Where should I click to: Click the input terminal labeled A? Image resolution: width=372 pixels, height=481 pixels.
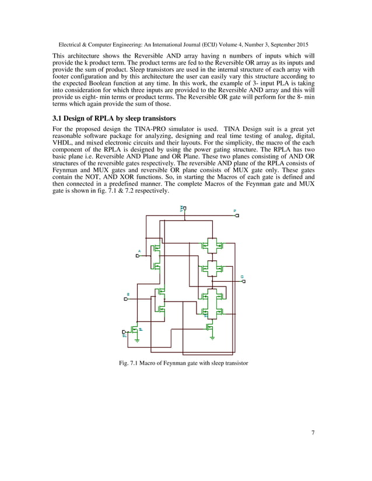pyautogui.click(x=138, y=256)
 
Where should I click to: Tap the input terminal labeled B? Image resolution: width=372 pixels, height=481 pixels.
pyautogui.click(x=126, y=299)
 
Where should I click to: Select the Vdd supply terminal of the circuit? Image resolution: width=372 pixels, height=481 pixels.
pyautogui.click(x=184, y=209)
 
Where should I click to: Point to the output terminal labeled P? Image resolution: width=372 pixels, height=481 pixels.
pyautogui.click(x=236, y=215)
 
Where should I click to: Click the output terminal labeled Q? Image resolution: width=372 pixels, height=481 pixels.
pyautogui.click(x=243, y=281)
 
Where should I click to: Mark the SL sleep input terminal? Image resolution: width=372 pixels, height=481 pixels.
pyautogui.click(x=124, y=331)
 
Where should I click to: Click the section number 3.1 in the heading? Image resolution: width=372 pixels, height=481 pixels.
pyautogui.click(x=58, y=118)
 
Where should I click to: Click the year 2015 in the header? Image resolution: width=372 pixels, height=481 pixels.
pyautogui.click(x=301, y=44)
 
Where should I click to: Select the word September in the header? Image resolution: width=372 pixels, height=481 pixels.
pyautogui.click(x=275, y=44)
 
